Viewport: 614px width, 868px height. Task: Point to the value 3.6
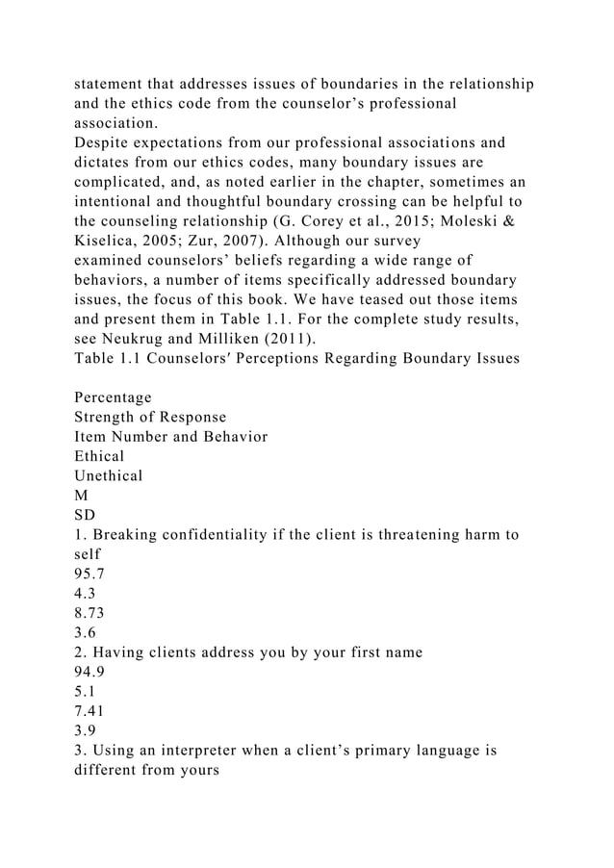86,639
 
